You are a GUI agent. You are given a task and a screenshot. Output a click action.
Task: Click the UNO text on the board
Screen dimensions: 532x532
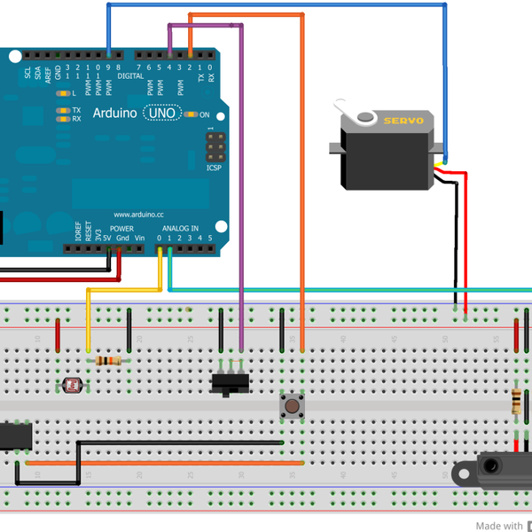click(161, 113)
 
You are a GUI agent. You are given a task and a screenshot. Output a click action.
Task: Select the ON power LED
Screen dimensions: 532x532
click(191, 114)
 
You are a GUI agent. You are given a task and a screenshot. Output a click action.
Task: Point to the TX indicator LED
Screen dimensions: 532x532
click(62, 110)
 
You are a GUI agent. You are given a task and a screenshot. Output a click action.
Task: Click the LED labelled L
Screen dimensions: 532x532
click(62, 92)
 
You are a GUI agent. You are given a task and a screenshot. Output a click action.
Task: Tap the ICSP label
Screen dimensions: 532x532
click(214, 168)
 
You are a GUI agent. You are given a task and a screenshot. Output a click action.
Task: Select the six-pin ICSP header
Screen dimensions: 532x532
click(214, 145)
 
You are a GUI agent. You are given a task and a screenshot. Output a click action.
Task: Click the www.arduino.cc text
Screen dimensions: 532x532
click(139, 215)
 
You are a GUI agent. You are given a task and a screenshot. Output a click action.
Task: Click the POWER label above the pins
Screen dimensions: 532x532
click(121, 229)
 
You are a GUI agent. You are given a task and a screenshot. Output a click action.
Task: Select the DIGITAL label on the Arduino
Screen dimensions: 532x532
click(130, 76)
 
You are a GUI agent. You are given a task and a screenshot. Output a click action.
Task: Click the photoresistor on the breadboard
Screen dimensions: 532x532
click(71, 385)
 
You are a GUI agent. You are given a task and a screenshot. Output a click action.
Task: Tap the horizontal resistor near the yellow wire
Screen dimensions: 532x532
click(108, 360)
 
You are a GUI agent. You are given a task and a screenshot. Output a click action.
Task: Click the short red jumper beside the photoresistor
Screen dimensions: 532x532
click(58, 335)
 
